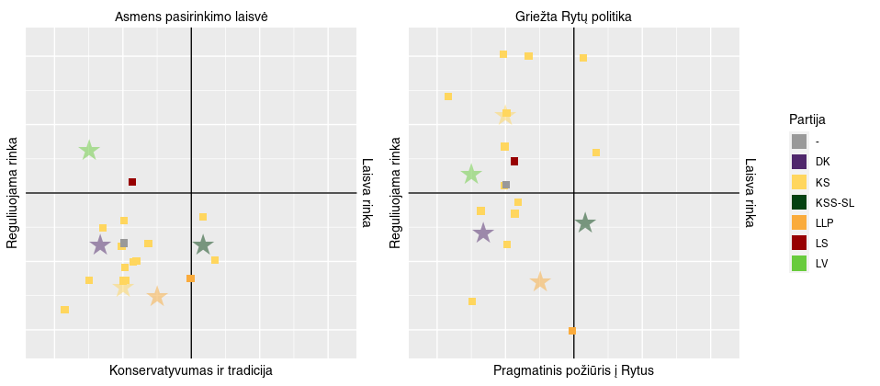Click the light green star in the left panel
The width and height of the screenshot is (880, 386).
[89, 150]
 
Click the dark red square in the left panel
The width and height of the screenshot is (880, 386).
[132, 182]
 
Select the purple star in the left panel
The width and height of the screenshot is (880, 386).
[100, 244]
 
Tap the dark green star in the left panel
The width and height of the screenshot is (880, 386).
[203, 244]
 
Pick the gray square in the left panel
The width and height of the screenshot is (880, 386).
[124, 244]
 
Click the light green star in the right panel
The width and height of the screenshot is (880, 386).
[471, 174]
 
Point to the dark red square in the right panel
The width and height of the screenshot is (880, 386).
[514, 162]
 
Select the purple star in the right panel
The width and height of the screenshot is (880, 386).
[483, 233]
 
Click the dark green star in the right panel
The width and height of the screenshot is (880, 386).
[585, 222]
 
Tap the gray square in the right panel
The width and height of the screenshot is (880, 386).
[506, 185]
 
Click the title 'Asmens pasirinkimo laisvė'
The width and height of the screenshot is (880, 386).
[191, 17]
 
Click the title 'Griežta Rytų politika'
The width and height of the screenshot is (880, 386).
[573, 17]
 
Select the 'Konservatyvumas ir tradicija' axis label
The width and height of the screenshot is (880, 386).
[191, 370]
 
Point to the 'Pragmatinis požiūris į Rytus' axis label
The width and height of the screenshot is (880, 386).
[573, 370]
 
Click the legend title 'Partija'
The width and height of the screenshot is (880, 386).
[807, 119]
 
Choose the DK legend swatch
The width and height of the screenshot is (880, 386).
[799, 162]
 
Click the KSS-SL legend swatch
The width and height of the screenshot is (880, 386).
[799, 202]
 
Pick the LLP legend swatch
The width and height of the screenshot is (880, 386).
[799, 222]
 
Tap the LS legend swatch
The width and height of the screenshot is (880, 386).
[799, 243]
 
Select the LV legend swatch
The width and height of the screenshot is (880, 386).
[799, 263]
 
